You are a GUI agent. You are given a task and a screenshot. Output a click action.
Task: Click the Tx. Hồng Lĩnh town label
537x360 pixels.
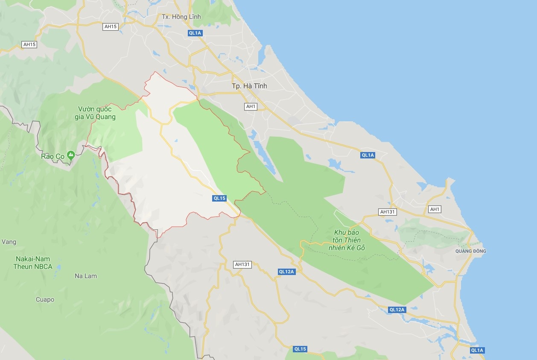pyautogui.click(x=181, y=17)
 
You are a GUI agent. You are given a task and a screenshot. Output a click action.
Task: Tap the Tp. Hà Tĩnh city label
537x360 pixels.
pyautogui.click(x=249, y=86)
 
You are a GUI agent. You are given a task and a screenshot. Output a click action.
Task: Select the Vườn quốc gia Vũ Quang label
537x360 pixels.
pyautogui.click(x=97, y=113)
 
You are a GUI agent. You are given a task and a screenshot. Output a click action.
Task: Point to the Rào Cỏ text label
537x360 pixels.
pyautogui.click(x=53, y=156)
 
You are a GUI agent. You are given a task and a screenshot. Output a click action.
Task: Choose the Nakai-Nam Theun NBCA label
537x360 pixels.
pyautogui.click(x=33, y=263)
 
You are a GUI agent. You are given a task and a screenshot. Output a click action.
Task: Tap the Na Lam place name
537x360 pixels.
pyautogui.click(x=85, y=276)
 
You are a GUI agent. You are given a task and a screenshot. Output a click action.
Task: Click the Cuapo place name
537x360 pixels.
pyautogui.click(x=45, y=299)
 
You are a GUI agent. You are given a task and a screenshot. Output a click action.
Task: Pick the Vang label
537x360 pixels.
pyautogui.click(x=9, y=242)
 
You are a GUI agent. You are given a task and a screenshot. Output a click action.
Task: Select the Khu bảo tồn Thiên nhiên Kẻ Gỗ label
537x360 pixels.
pyautogui.click(x=347, y=240)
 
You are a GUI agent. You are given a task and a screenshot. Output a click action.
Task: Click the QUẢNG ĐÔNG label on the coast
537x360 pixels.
pyautogui.click(x=470, y=251)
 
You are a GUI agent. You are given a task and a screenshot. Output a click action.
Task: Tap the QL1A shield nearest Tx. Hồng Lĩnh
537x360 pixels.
pyautogui.click(x=195, y=33)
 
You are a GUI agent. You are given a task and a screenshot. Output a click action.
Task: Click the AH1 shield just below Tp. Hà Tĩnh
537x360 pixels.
pyautogui.click(x=251, y=106)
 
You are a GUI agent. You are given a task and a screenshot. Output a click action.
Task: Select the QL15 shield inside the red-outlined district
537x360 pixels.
pyautogui.click(x=219, y=198)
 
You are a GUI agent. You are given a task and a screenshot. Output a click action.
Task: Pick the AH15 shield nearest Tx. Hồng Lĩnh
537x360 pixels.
pyautogui.click(x=110, y=26)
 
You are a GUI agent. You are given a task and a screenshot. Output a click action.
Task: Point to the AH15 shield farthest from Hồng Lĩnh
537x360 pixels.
pyautogui.click(x=30, y=44)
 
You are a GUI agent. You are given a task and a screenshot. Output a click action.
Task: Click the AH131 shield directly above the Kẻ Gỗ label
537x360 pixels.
pyautogui.click(x=388, y=212)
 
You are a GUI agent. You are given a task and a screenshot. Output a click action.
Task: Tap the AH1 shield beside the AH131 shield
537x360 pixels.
pyautogui.click(x=435, y=209)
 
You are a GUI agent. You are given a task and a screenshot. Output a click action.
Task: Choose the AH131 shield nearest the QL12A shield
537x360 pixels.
pyautogui.click(x=242, y=264)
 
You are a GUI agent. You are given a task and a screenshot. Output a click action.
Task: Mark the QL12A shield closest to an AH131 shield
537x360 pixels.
pyautogui.click(x=287, y=272)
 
